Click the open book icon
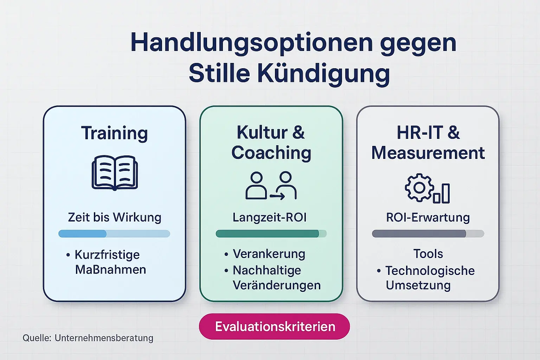[115, 173]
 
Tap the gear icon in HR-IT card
[419, 187]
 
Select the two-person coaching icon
[271, 186]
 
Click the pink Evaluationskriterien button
[275, 327]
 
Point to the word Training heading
[115, 133]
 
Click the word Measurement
[428, 153]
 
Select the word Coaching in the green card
[271, 153]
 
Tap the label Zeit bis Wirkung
[115, 217]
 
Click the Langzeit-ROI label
[270, 217]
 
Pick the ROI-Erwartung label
[428, 217]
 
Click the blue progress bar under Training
[114, 234]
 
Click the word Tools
[428, 253]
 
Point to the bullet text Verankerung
[269, 253]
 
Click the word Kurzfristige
[107, 255]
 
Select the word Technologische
[430, 271]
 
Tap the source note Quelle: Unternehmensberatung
[88, 338]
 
